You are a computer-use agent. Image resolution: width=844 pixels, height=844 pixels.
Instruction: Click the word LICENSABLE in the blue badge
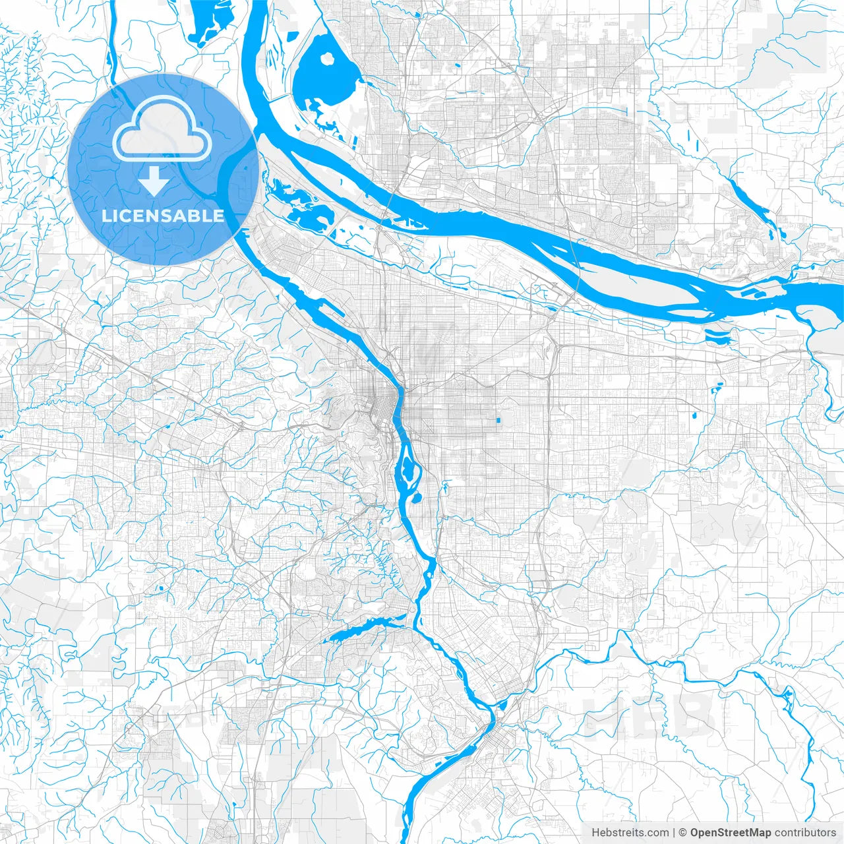tap(162, 216)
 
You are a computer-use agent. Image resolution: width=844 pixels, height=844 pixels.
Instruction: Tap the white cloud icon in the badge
tap(162, 129)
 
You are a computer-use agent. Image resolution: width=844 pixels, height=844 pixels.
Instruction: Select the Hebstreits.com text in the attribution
tap(630, 833)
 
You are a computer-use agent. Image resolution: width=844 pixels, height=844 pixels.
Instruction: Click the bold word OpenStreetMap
tap(731, 833)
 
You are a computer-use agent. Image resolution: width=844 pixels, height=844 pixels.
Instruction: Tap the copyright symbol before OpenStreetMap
tap(683, 833)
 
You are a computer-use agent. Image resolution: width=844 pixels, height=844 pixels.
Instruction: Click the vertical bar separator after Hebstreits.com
tap(674, 833)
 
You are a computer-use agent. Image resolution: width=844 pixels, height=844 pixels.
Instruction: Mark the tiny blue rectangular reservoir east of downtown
tap(498, 419)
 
